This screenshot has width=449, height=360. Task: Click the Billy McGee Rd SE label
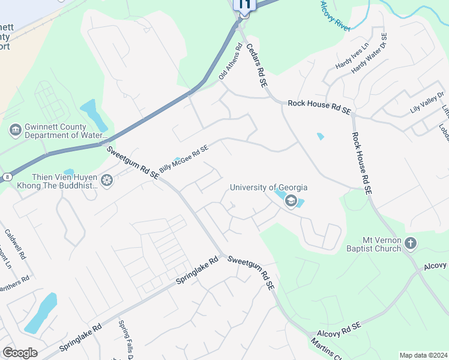tap(184, 158)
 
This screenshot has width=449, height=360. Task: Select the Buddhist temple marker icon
tap(107, 180)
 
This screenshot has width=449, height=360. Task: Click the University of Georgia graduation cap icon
tap(291, 200)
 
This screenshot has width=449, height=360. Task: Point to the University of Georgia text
tap(269, 188)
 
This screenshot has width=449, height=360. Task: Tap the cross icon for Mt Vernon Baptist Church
tap(411, 243)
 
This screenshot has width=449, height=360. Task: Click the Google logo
tap(20, 352)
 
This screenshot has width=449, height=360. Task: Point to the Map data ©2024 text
tap(423, 355)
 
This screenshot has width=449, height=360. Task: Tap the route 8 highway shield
tap(7, 176)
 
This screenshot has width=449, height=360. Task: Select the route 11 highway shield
tap(244, 4)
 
